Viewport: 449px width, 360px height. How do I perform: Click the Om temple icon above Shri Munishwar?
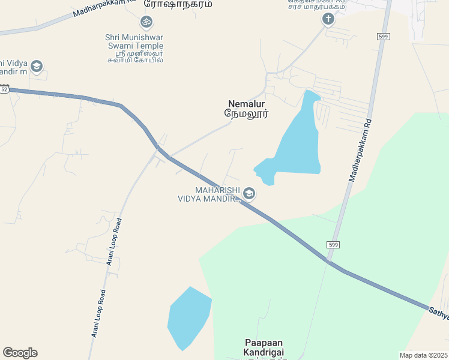click(144, 22)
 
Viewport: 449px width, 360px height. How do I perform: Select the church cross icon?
click(328, 19)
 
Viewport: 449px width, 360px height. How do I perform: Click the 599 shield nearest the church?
click(384, 37)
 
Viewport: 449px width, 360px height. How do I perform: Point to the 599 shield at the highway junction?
click(334, 245)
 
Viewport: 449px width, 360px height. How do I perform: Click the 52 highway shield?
click(4, 89)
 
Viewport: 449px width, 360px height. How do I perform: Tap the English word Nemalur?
click(246, 104)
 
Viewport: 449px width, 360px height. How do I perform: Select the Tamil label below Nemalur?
click(246, 113)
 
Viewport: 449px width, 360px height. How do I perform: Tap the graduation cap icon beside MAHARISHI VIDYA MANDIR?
click(249, 193)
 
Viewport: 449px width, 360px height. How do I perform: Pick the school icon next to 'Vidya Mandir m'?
click(37, 67)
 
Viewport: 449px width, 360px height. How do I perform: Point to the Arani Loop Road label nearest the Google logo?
click(98, 313)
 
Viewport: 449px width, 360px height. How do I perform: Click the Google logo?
click(20, 352)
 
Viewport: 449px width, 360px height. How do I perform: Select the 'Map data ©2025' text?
click(423, 355)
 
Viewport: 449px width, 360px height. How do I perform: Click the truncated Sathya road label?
click(438, 314)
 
